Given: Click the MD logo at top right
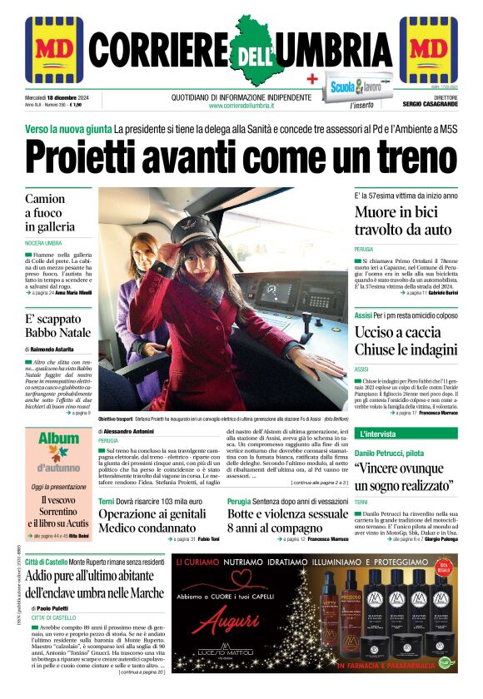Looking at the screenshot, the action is tap(428, 50).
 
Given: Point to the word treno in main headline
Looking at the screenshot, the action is tap(399, 155).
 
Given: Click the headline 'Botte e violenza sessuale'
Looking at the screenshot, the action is tap(288, 513).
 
